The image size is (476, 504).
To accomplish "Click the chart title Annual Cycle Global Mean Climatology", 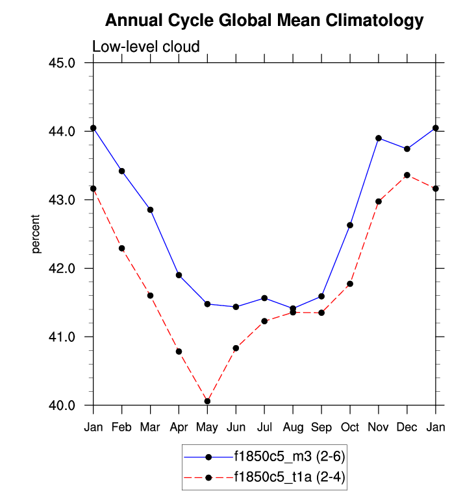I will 264,21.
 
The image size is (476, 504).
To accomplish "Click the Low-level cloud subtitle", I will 145,47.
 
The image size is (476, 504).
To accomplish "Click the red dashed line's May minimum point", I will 207,401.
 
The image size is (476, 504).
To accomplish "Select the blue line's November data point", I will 379,138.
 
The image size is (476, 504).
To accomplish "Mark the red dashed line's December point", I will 407,175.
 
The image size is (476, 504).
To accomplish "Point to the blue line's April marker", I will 179,275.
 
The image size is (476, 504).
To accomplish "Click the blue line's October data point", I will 350,225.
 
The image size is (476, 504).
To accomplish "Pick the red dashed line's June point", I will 236,348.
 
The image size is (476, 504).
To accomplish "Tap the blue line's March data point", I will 150,210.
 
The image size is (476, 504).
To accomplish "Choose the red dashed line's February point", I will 122,248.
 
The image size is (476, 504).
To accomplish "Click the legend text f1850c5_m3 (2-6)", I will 290,457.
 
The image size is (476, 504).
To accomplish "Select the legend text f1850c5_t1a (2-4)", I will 290,478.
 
